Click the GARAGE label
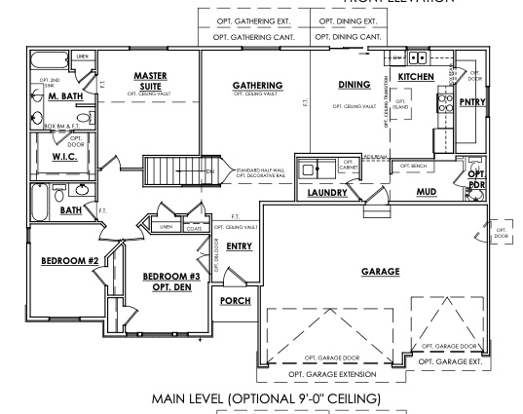(381, 272)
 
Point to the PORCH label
(235, 301)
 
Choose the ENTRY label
(239, 247)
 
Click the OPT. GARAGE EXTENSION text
(328, 373)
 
